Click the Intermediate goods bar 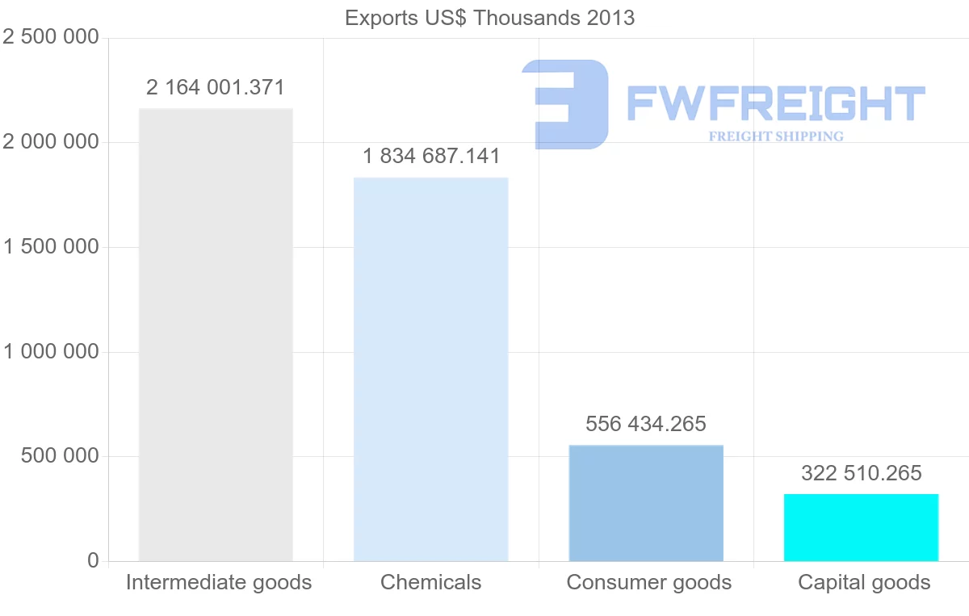tap(216, 334)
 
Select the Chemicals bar tap(431, 369)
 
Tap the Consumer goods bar tap(646, 502)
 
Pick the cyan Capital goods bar tap(861, 527)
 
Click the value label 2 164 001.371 tap(216, 87)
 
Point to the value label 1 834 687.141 tap(431, 156)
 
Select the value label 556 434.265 tap(646, 423)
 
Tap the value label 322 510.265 tap(861, 473)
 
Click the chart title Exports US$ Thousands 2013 tap(489, 18)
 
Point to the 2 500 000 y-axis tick tap(51, 37)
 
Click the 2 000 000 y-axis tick tap(51, 142)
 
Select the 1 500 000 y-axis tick tap(51, 247)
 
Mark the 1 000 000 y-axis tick tap(51, 352)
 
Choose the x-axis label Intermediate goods tap(219, 582)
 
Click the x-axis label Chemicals tap(431, 582)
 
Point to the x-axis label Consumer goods tap(649, 582)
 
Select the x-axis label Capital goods tap(864, 582)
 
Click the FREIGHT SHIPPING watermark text tap(776, 136)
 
